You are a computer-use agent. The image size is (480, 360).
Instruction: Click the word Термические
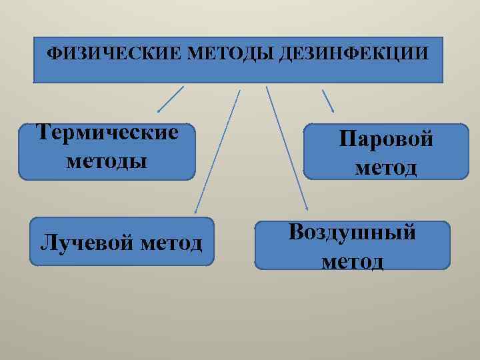[x=107, y=132]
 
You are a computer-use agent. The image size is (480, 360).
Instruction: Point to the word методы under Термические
[x=107, y=161]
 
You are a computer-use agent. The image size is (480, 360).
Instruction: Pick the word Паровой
[x=386, y=139]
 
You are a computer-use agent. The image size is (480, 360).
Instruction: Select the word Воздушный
[x=352, y=232]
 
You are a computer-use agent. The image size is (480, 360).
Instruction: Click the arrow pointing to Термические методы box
[x=170, y=99]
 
